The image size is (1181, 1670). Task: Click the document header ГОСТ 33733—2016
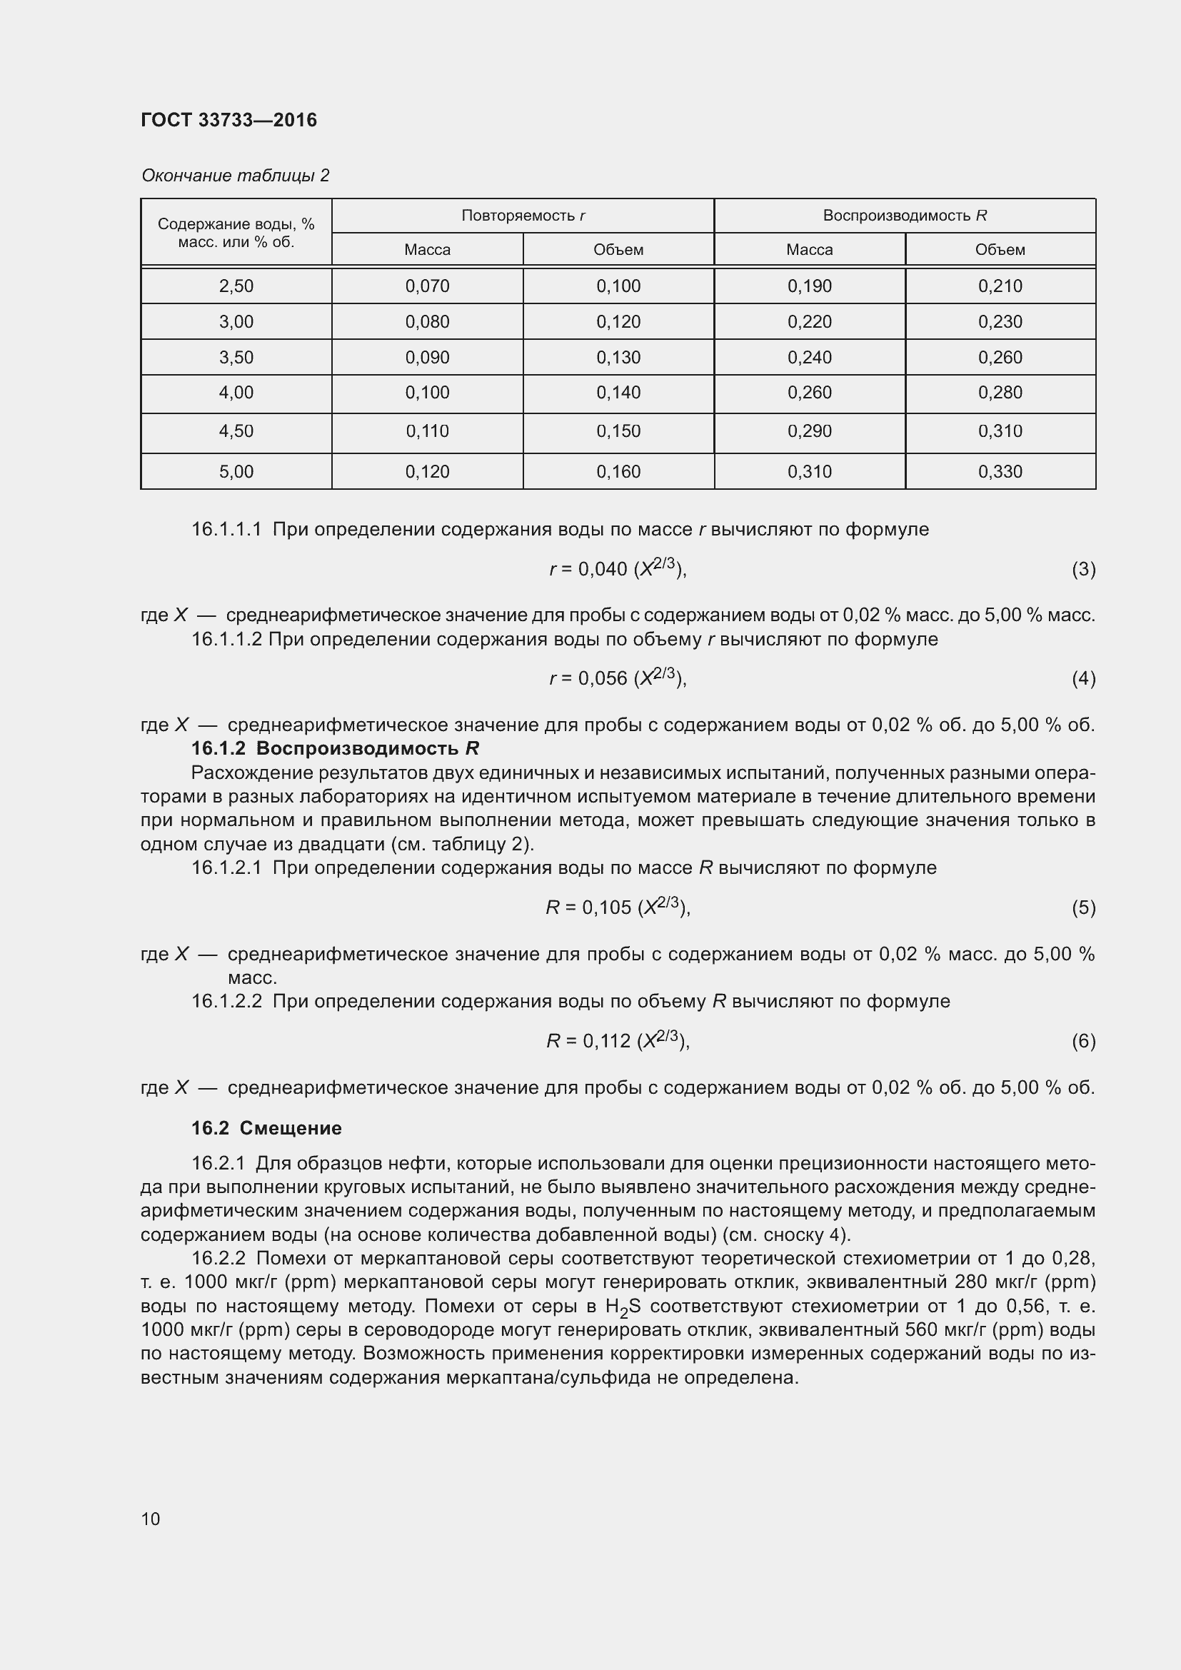click(x=228, y=120)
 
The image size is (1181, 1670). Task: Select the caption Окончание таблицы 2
click(x=235, y=176)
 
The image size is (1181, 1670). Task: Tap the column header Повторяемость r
click(x=523, y=216)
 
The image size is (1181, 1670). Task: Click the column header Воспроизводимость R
click(x=905, y=216)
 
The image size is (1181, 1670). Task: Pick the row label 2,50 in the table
click(x=236, y=286)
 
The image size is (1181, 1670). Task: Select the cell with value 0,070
click(x=428, y=286)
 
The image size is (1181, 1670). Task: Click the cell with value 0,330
click(x=1000, y=471)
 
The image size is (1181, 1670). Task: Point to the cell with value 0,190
click(x=810, y=286)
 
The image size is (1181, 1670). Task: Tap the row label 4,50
click(x=236, y=431)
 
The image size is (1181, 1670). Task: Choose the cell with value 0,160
click(x=618, y=471)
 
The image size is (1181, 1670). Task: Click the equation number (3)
click(x=1083, y=569)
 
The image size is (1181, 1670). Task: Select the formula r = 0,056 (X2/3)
click(x=618, y=678)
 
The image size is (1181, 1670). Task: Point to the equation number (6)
click(x=1083, y=1041)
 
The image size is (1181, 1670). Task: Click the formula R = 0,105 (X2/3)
click(x=618, y=907)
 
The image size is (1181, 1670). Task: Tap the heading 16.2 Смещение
click(x=266, y=1128)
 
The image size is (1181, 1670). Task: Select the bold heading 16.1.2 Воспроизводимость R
click(x=334, y=748)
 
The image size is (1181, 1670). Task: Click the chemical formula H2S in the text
click(x=623, y=1307)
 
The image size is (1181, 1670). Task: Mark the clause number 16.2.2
click(x=219, y=1258)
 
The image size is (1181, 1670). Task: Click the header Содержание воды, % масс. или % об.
click(x=236, y=233)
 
